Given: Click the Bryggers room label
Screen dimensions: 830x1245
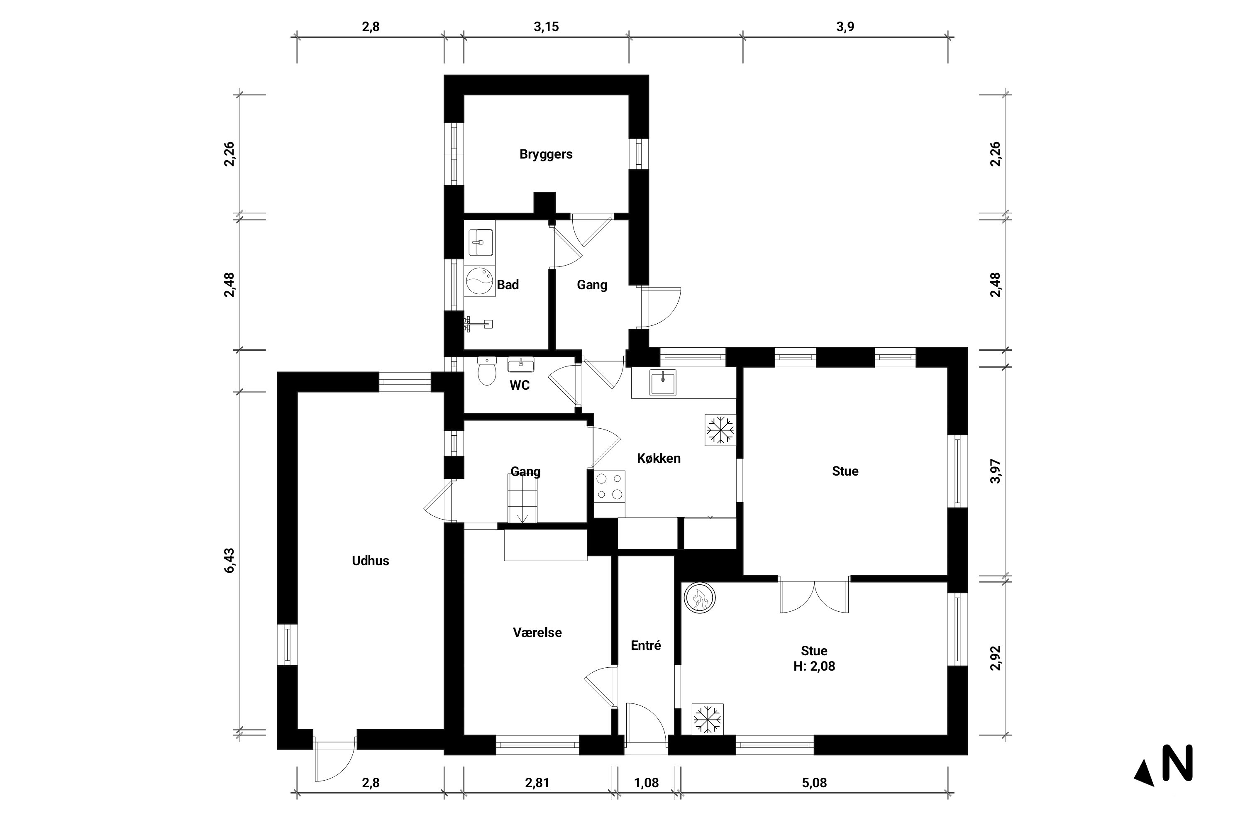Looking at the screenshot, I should point(546,154).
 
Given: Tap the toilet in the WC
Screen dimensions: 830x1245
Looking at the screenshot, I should point(486,371).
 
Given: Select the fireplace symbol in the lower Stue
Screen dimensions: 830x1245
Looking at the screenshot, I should point(699,598).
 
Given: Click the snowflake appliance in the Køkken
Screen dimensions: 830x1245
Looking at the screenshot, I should point(720,429).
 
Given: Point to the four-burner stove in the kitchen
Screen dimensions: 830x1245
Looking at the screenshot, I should point(609,486).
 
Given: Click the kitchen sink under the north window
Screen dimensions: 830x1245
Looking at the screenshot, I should point(663,382).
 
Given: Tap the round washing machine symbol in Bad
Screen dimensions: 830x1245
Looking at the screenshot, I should point(480,281).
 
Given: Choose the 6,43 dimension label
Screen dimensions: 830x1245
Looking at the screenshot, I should point(229,561).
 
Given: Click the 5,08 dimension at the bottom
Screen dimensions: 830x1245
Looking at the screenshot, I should point(814,783).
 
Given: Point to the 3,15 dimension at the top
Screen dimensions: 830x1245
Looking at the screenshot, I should point(546,27).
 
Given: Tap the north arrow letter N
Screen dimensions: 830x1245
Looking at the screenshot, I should point(1177,763).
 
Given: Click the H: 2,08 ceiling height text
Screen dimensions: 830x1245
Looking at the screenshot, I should point(814,666).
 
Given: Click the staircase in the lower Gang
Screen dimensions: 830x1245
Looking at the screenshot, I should point(522,499).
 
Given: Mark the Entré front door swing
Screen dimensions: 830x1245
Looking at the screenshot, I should point(645,723).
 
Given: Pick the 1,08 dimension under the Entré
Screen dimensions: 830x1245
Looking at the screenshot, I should point(646,783).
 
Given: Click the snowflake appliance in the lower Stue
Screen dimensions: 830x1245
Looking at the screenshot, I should point(708,719).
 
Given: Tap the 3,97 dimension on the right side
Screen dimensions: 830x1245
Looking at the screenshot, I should point(995,471).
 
